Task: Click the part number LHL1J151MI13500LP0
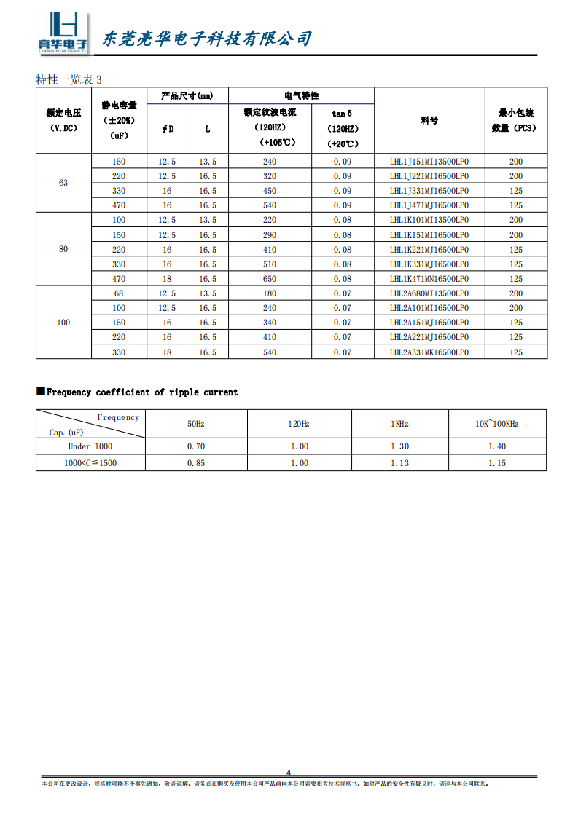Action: (429, 162)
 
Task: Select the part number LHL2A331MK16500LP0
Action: (429, 352)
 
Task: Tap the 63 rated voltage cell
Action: (63, 183)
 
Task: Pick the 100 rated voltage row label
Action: (63, 323)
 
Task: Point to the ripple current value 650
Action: (270, 279)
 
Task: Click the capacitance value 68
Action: (119, 293)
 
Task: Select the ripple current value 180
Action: (270, 293)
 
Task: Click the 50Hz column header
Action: (196, 424)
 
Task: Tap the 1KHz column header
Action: (399, 424)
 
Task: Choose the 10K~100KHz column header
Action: (496, 424)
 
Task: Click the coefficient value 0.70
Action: (196, 446)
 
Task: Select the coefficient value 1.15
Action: (496, 463)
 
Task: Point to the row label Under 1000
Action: (90, 446)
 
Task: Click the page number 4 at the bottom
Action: (289, 773)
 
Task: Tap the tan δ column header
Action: (342, 114)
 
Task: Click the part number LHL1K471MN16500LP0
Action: (429, 279)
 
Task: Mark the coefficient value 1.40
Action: (496, 446)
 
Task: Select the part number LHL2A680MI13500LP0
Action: (429, 293)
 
